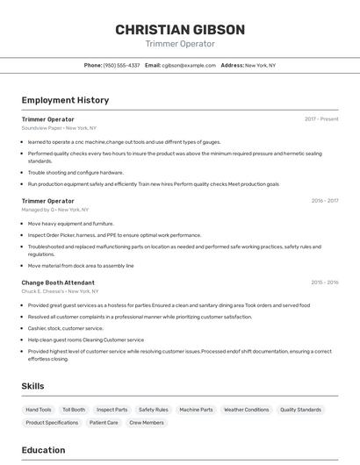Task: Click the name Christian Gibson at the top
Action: (180, 30)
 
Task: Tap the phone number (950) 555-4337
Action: (121, 65)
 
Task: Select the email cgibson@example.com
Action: (188, 65)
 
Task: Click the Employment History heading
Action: (65, 100)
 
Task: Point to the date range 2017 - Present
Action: (321, 118)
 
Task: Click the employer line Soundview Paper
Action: (59, 127)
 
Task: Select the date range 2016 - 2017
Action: (325, 201)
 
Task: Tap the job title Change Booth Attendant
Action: (58, 283)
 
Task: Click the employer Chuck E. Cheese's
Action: (60, 291)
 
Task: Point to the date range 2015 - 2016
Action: (325, 283)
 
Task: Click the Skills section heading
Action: (32, 386)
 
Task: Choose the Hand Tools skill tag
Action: (39, 410)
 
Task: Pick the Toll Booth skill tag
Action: (74, 410)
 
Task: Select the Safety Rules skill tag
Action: (153, 410)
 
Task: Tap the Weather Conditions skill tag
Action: (246, 410)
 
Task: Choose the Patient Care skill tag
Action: (104, 423)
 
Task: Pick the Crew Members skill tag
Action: (147, 423)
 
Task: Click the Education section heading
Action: (44, 450)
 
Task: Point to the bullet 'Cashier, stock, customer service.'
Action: (65, 328)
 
